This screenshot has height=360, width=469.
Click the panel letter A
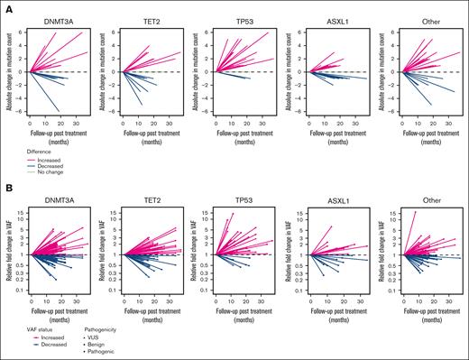5,5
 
